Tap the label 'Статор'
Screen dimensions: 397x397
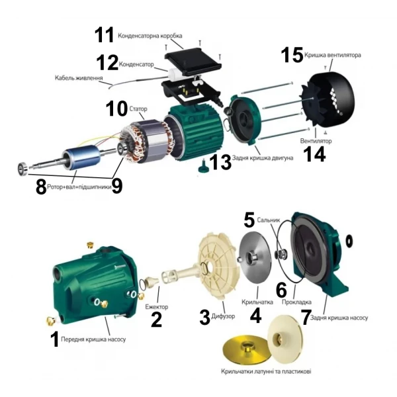click(139, 109)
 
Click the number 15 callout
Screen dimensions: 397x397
click(292, 54)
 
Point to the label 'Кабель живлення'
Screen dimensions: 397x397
click(79, 79)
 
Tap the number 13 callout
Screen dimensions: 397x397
click(220, 161)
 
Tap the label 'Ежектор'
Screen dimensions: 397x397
click(157, 306)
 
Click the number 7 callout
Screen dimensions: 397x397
click(306, 317)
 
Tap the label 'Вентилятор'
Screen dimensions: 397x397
click(316, 141)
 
